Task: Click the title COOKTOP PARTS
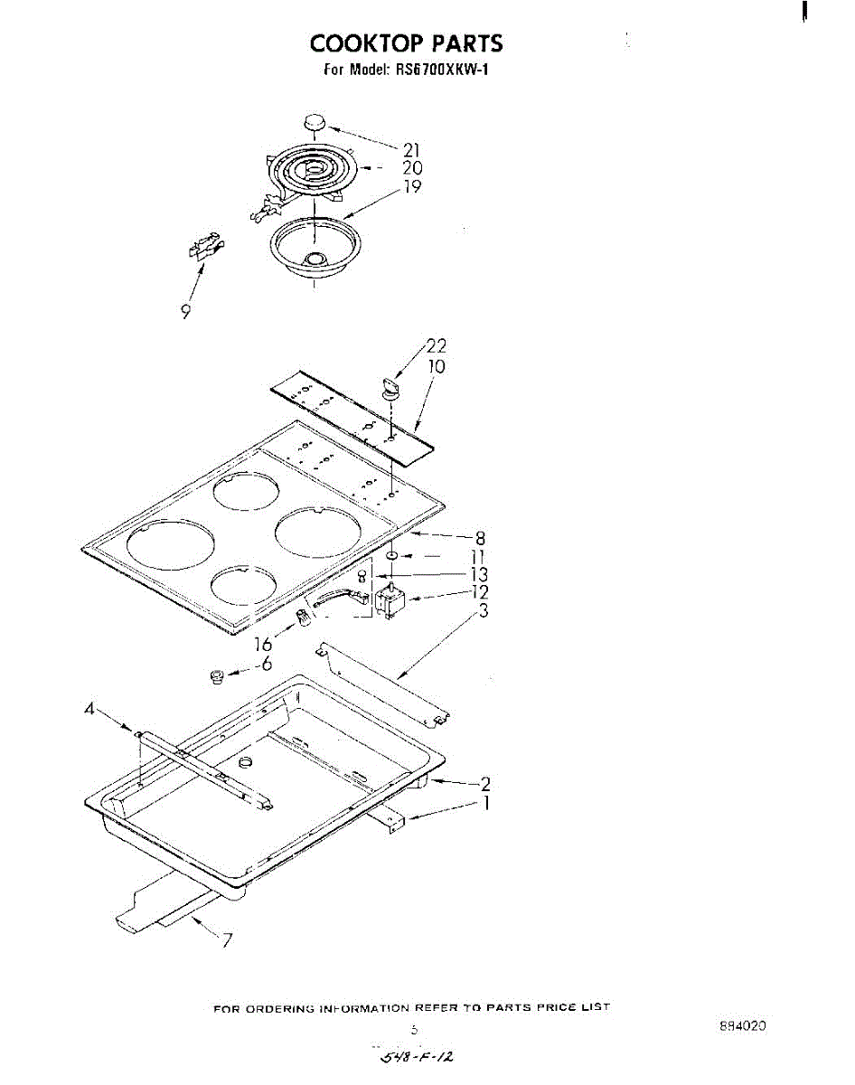(406, 42)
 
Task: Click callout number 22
(436, 346)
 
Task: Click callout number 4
(89, 711)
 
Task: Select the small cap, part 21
(314, 123)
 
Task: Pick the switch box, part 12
(390, 601)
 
